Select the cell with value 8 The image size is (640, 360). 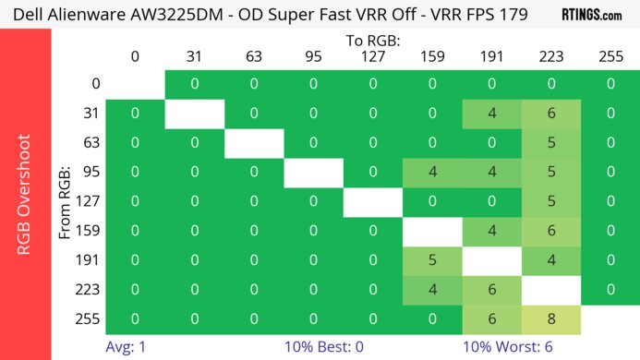[x=551, y=318]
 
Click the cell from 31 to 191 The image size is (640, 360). [x=491, y=114]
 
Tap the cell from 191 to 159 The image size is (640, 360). [x=432, y=259]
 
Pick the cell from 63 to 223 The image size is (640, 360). [x=551, y=143]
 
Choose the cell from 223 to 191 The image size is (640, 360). [x=491, y=289]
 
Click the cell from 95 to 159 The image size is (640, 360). [x=432, y=172]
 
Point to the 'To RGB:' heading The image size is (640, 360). [x=373, y=41]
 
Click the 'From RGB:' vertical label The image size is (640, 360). [x=66, y=201]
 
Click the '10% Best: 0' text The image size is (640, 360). [x=322, y=348]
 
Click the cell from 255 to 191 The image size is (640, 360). [x=491, y=318]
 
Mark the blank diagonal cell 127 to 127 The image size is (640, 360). [x=373, y=201]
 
